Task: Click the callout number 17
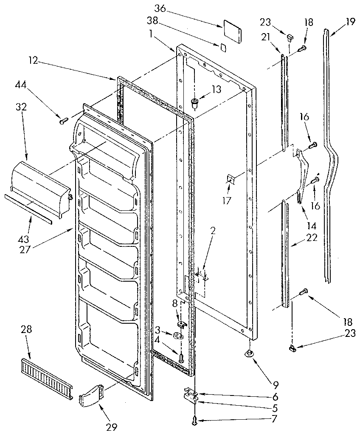click(x=227, y=201)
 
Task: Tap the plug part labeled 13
click(x=194, y=102)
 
